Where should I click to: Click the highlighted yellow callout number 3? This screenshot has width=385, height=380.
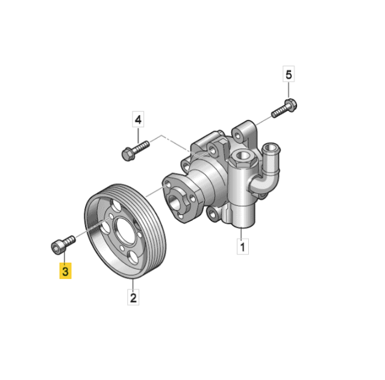[65, 271]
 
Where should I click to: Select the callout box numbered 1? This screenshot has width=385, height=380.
[243, 246]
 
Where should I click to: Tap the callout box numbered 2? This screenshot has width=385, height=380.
[133, 297]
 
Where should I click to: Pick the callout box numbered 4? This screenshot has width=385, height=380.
[138, 119]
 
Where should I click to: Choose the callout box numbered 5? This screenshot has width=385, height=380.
[289, 74]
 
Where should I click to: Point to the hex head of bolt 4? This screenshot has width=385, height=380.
[128, 154]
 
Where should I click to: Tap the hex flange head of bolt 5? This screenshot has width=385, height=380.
[291, 105]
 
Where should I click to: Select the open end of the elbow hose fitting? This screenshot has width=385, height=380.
[271, 148]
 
